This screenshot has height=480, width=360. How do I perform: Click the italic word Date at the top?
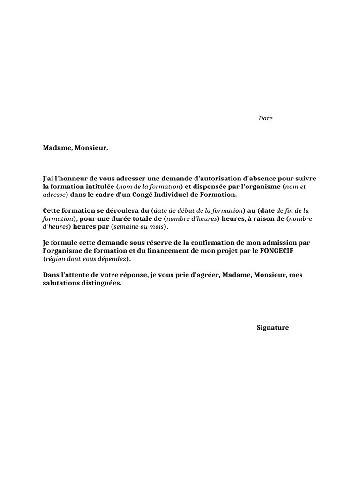coord(265,119)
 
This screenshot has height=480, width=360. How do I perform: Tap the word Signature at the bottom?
coord(273,328)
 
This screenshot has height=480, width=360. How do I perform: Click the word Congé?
coord(145,195)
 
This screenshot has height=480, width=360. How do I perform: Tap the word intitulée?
coord(97,187)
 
